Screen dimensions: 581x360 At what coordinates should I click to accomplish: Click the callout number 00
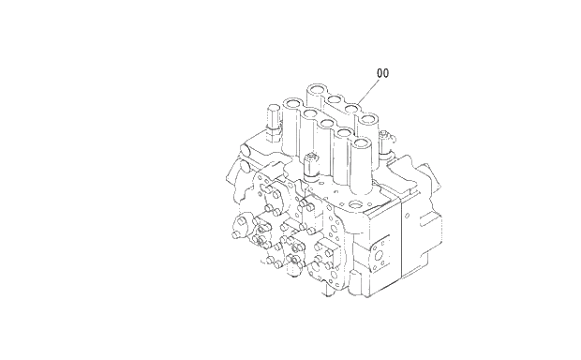point(382,72)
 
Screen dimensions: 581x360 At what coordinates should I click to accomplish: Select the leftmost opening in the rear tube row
point(315,91)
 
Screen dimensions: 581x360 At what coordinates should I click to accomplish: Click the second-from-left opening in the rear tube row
point(335,99)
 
